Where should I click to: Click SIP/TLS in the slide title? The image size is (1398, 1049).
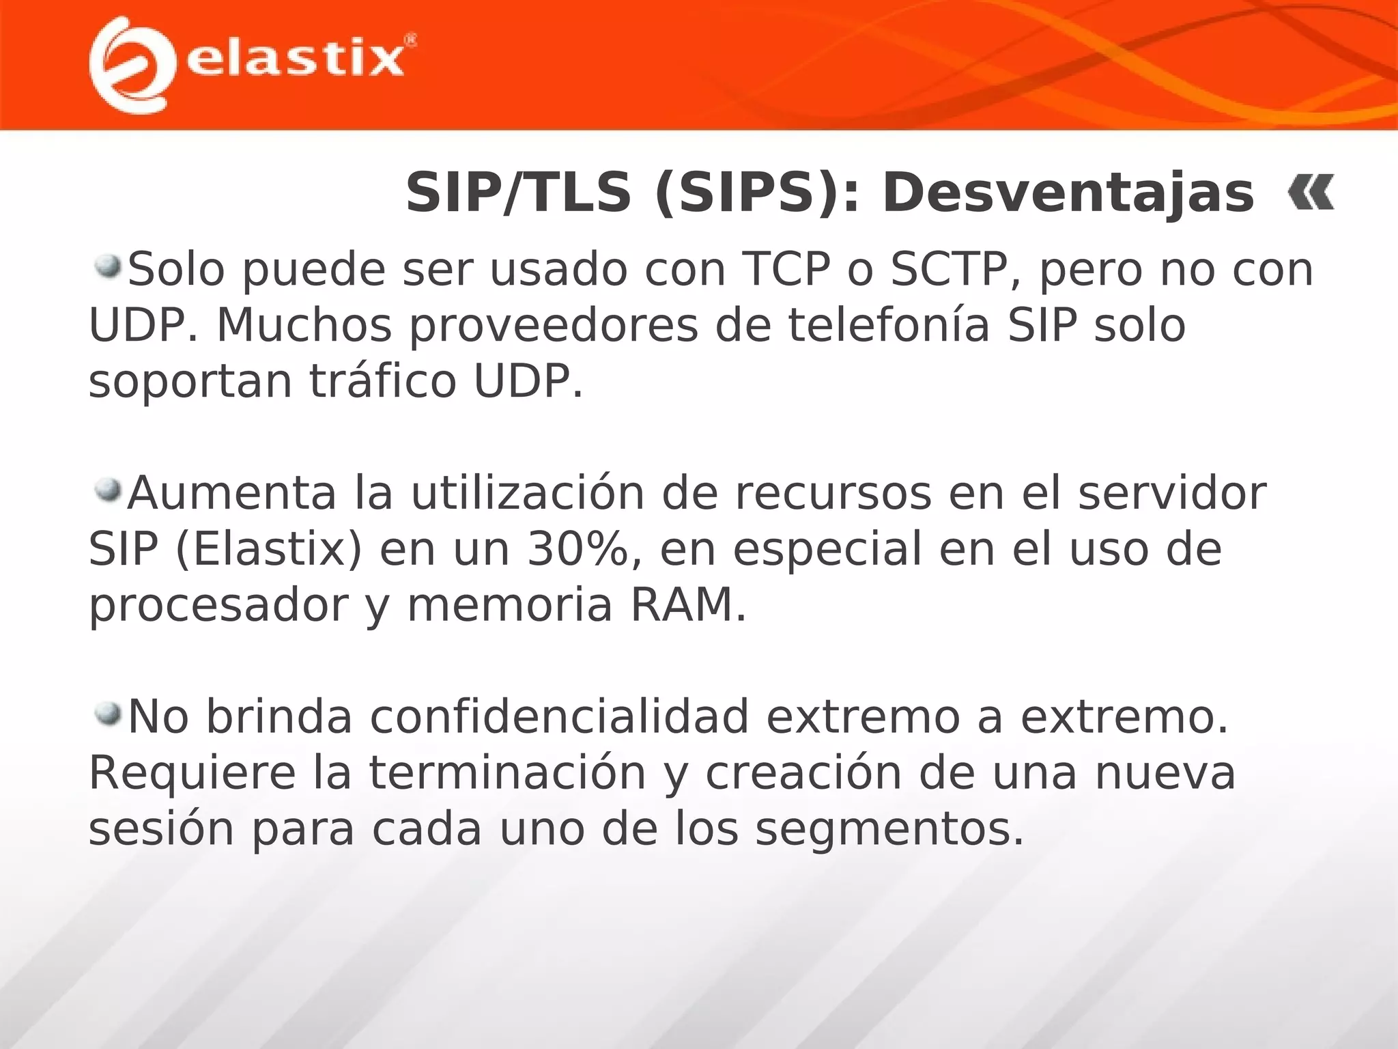pyautogui.click(x=518, y=193)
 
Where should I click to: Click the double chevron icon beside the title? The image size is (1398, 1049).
pyautogui.click(x=1311, y=193)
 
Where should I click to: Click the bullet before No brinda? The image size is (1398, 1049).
pyautogui.click(x=107, y=714)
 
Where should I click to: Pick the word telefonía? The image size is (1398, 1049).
pyautogui.click(x=888, y=326)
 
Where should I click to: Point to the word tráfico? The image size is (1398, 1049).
pyautogui.click(x=383, y=381)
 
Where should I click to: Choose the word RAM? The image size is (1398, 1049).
pyautogui.click(x=688, y=605)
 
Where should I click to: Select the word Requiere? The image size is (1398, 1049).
pyautogui.click(x=192, y=774)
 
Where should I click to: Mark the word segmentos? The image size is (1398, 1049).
pyautogui.click(x=889, y=829)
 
